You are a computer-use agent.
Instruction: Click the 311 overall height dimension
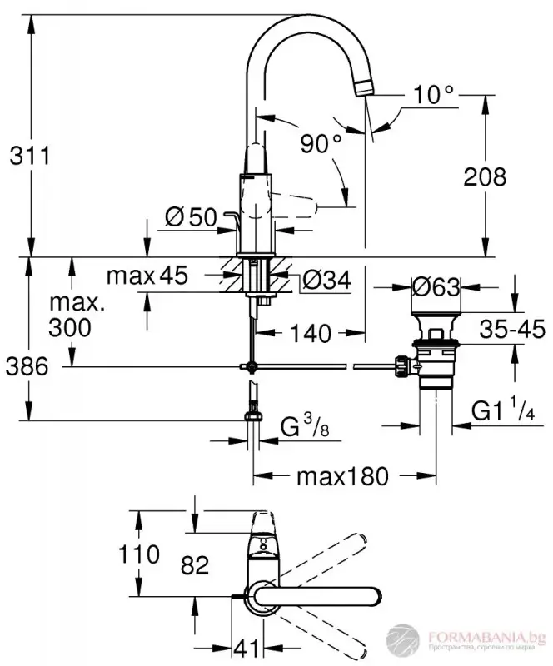[27, 154]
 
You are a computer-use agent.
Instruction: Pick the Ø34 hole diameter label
[324, 281]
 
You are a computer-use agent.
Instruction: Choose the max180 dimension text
[341, 476]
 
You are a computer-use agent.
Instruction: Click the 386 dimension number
[27, 364]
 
